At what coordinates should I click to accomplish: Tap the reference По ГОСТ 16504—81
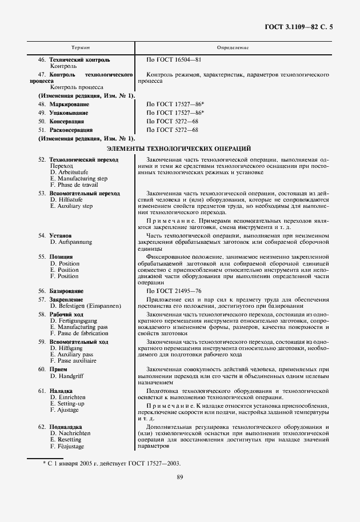tap(174, 59)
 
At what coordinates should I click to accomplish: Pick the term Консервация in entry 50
tap(67, 122)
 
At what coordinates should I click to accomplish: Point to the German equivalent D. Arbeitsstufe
tap(72, 171)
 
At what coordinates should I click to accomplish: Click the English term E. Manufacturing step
tap(79, 178)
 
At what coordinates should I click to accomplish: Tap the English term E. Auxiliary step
tap(71, 206)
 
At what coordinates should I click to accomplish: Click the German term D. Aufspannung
tap(71, 242)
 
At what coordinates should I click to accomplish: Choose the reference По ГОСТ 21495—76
tap(174, 291)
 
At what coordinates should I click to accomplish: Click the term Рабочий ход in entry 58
tap(66, 314)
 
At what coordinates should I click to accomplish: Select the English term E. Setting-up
tap(67, 403)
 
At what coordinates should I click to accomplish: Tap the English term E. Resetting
tap(66, 440)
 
